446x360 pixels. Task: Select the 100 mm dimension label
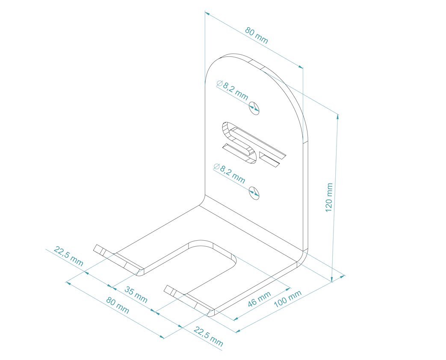[x=287, y=298]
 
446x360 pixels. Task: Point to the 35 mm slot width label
[x=136, y=295]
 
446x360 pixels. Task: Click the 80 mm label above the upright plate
[x=257, y=36]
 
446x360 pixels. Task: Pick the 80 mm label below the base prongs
[x=118, y=305]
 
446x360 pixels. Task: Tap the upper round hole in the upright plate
[x=254, y=108]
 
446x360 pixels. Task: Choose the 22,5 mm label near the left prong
[x=68, y=256]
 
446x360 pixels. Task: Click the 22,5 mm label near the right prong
[x=209, y=336]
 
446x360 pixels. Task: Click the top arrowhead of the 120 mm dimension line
[x=338, y=116]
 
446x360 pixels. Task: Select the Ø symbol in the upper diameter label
[x=219, y=84]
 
